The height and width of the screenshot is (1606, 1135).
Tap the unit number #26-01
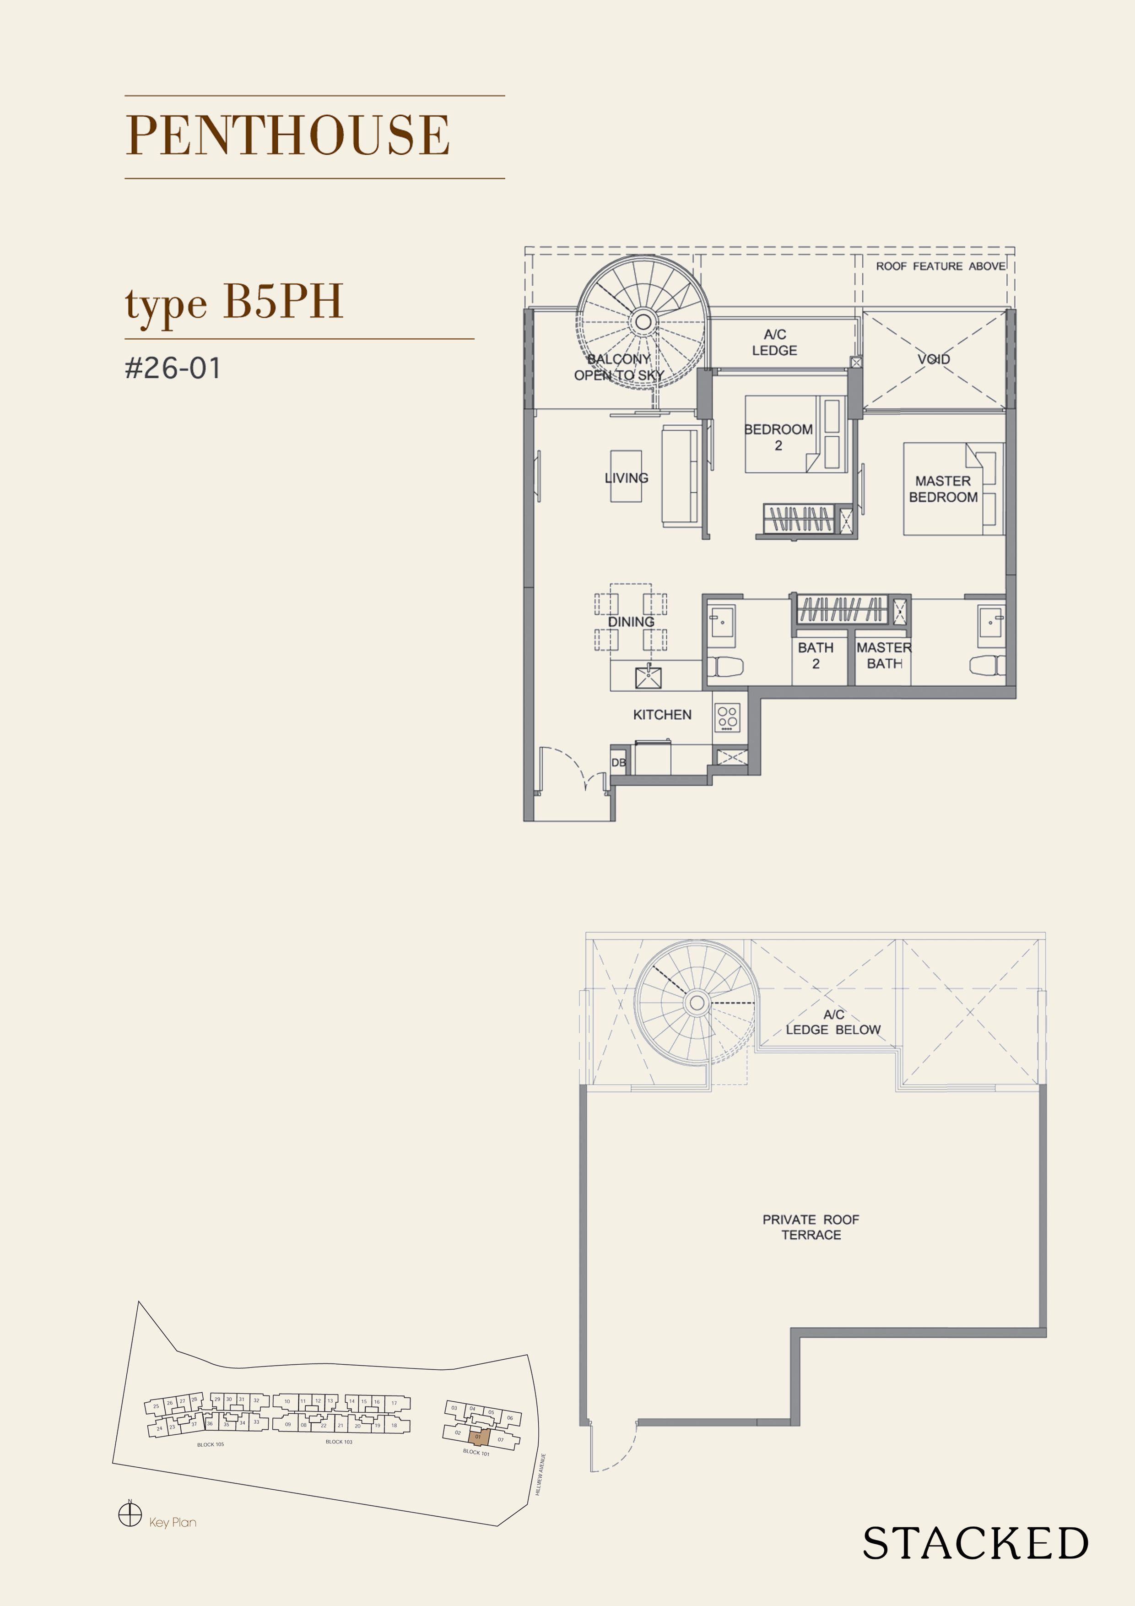(173, 368)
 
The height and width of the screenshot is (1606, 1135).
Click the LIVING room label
(626, 478)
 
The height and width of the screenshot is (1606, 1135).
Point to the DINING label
(631, 622)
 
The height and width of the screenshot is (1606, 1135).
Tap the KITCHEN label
(662, 714)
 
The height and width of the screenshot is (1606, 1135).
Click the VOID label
(934, 359)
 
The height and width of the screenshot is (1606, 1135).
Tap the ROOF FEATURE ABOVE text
(940, 266)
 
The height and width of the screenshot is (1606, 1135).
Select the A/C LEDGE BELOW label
(833, 1022)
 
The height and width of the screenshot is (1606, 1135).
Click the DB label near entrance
(618, 762)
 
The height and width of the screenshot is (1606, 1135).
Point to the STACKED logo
(975, 1543)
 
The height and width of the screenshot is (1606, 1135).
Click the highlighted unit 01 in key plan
(478, 1437)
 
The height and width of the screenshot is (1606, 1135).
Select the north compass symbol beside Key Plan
(130, 1514)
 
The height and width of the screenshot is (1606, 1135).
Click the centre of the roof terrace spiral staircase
(697, 1002)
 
